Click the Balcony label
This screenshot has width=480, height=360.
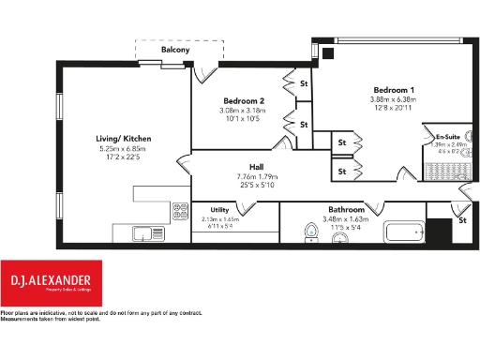178,49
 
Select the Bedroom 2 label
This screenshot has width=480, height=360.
243,100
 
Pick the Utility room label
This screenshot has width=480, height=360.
220,211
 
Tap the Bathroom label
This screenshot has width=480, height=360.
346,210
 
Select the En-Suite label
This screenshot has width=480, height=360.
449,137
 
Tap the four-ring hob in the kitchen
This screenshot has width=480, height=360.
177,213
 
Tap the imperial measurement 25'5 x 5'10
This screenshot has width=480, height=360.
255,186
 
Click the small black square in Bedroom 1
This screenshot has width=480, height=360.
326,53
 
